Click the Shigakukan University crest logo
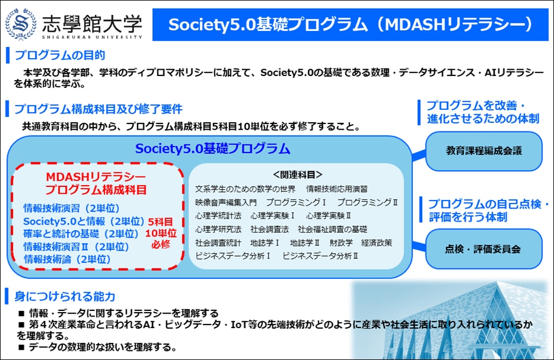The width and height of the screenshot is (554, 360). point(21,24)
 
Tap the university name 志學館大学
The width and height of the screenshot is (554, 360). point(92,23)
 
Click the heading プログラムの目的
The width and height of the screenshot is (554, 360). point(60,55)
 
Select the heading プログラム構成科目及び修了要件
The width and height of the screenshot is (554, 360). point(98,109)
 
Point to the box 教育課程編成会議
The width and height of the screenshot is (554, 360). point(484,151)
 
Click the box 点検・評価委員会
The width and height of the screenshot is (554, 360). point(484,249)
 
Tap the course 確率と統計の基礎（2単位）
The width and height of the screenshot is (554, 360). point(81,234)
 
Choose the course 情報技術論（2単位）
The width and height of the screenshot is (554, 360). point(67,259)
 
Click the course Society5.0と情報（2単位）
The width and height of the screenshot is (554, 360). point(84,221)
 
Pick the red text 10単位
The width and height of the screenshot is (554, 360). point(160,233)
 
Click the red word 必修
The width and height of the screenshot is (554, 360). point(160,245)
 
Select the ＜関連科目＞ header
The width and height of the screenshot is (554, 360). point(298,174)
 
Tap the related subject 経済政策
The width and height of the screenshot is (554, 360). point(376,243)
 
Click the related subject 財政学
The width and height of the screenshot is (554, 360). point(341,243)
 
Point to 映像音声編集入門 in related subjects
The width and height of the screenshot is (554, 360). point(226,202)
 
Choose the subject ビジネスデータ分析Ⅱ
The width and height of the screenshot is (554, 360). point(320,256)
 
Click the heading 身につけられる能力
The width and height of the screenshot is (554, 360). point(65,297)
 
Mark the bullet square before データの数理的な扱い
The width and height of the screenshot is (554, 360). point(22,347)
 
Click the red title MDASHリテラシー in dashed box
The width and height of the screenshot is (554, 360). point(96,177)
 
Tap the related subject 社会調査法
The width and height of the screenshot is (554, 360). point(270,229)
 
